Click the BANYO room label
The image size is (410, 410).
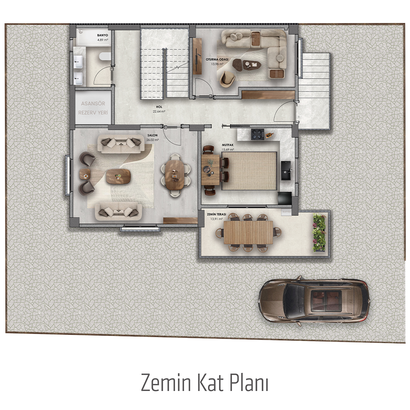point(102,35)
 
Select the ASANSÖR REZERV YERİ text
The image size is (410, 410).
point(93,108)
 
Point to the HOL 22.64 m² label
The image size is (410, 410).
point(159,109)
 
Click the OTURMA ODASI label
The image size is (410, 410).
point(217,59)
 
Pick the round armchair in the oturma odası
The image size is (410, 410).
point(227,79)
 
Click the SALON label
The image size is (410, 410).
point(153,135)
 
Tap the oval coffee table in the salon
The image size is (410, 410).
point(118,176)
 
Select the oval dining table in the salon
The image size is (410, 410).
point(175,175)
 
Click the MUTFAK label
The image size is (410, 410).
point(228,145)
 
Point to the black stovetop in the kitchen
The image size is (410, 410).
point(257,134)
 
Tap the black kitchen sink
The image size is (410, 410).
point(286,170)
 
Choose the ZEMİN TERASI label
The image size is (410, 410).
point(216,214)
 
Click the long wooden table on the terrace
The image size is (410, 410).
point(248,233)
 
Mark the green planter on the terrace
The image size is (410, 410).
point(320,233)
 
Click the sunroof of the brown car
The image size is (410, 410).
point(326,301)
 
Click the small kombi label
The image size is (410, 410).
point(286,211)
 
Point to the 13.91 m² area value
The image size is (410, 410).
point(216,219)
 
